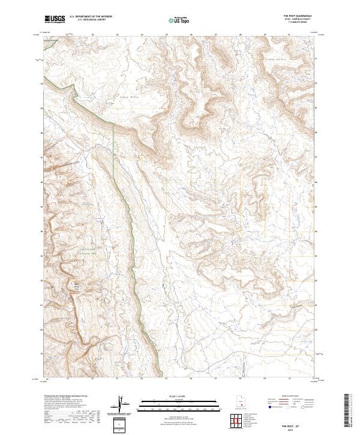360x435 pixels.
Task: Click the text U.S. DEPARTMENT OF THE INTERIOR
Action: coord(91,17)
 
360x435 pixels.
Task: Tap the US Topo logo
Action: coord(179,20)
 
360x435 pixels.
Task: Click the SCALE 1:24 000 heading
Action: coord(179,397)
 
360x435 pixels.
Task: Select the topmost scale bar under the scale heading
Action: coord(179,401)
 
